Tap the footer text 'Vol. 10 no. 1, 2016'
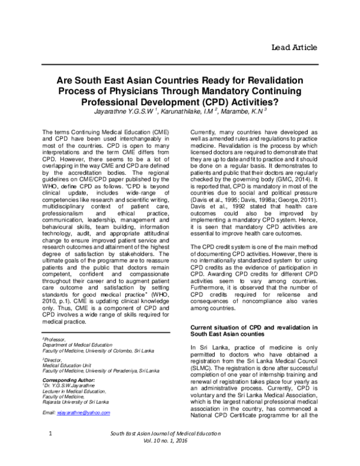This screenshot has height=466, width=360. point(181,458)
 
